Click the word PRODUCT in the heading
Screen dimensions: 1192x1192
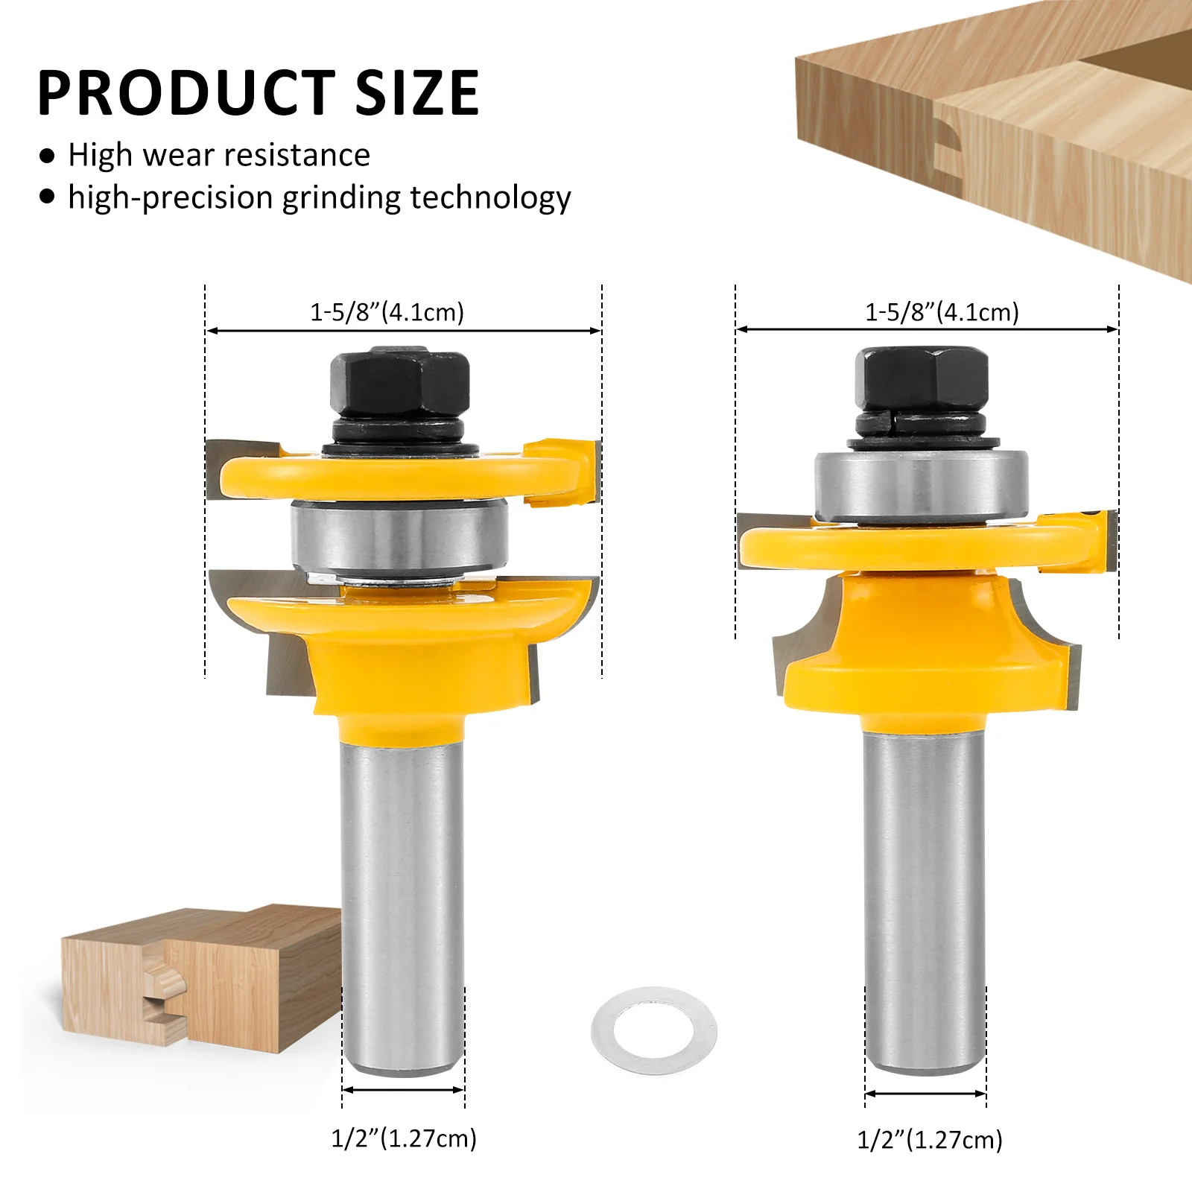186,92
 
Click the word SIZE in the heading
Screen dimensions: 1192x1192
418,92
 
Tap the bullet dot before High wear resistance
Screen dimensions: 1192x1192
48,156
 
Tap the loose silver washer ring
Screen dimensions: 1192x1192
654,1030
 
